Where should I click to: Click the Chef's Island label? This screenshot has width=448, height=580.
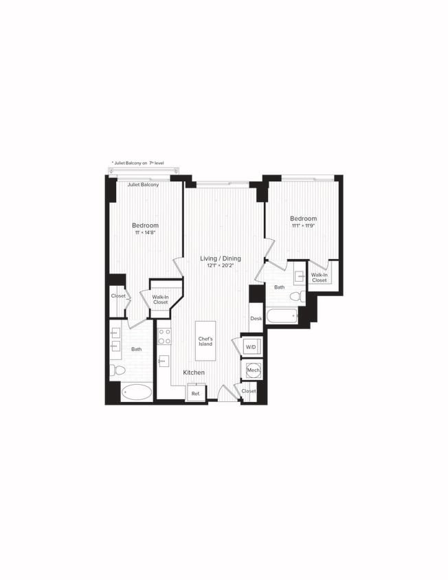tap(205, 341)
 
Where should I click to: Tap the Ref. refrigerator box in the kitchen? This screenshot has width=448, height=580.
tap(195, 393)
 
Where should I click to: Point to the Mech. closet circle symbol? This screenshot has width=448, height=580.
tap(252, 370)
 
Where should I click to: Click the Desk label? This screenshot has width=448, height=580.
tap(256, 318)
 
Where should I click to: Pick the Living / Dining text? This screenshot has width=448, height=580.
tap(221, 258)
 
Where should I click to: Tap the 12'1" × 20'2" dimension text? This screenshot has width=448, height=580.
tap(221, 267)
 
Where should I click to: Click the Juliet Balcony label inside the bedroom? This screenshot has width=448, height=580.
tap(143, 185)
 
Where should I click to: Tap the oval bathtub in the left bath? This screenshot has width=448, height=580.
tap(137, 393)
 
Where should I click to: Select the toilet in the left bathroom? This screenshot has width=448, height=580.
tap(117, 370)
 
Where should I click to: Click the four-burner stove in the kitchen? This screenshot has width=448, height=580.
tap(165, 336)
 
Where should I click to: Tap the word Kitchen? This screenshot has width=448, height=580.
tap(194, 372)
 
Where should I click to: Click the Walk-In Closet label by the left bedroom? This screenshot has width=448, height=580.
tap(160, 299)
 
